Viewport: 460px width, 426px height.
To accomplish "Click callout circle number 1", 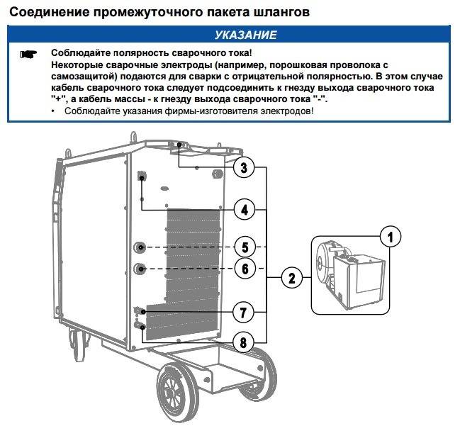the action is coord(390,237).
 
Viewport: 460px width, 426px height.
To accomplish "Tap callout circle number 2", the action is coord(291,278).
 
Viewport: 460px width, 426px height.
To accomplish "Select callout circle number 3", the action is coord(244,167).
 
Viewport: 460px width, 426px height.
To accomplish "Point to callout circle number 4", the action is coord(245,210).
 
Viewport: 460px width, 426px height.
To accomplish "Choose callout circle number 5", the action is coord(245,247).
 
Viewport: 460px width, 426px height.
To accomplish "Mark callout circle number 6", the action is coord(245,269).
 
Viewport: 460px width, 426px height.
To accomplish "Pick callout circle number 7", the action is coord(243,312).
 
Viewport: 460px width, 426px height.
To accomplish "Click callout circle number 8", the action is coord(243,342).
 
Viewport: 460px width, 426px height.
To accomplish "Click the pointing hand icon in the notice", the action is coord(28,55).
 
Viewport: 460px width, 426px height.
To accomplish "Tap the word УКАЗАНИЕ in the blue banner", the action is coord(245,35).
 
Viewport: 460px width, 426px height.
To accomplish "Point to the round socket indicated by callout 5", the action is coord(140,247).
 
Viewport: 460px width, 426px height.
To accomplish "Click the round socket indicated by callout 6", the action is coord(140,269).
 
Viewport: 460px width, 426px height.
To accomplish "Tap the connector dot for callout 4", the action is coord(142,178).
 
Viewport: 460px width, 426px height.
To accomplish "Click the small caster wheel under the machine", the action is coord(78,344).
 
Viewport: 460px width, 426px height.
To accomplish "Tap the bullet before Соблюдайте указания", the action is coord(53,111).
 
